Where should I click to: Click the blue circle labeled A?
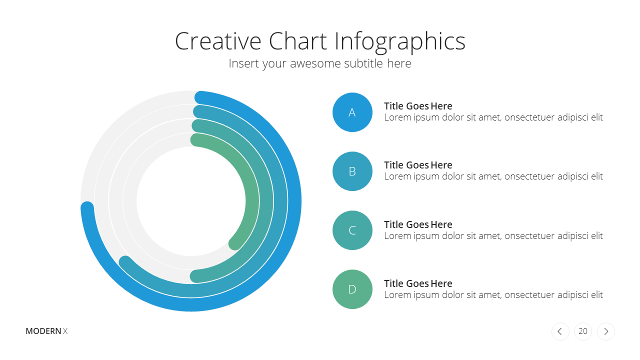pos(352,112)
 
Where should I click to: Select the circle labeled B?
pos(352,171)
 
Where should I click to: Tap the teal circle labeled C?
pos(352,230)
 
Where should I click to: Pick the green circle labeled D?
pos(352,289)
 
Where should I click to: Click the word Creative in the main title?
pos(218,41)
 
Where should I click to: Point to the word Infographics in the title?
pos(399,42)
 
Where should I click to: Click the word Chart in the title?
pos(297,41)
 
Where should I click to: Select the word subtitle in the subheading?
pos(363,63)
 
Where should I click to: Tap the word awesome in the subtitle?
pos(315,64)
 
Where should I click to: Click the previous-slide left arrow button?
pos(560,331)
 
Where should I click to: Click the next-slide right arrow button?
pos(605,331)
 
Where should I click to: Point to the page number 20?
pos(583,331)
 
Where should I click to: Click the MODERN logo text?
pos(43,331)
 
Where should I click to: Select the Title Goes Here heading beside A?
pos(418,106)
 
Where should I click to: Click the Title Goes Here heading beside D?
pos(418,283)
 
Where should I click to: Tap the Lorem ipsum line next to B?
pos(493,176)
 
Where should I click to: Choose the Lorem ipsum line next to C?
pos(493,236)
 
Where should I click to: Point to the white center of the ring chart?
pos(191,201)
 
